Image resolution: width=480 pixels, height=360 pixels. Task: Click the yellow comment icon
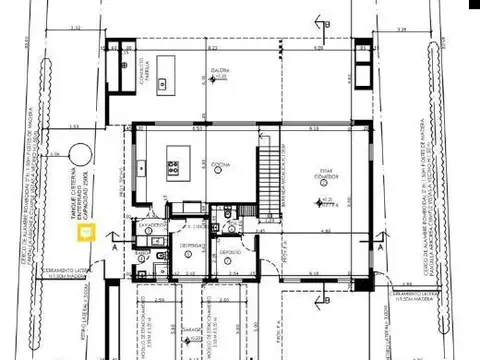[x=87, y=233]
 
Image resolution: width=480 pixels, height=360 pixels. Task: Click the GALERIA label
[x=221, y=70]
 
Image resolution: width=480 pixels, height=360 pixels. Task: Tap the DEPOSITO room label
[x=229, y=252]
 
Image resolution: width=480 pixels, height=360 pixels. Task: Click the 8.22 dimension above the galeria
[x=212, y=47]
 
